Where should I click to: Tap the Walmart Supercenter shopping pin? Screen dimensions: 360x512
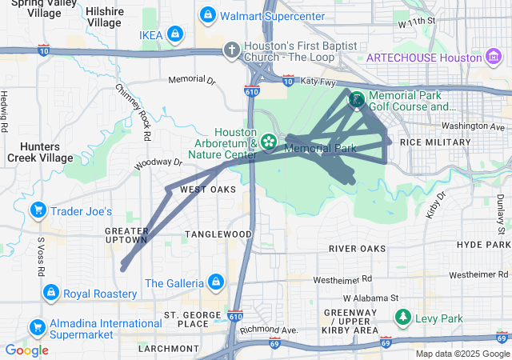click(x=207, y=15)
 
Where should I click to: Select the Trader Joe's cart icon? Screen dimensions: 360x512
click(x=37, y=211)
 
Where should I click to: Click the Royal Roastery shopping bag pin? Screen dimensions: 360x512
click(x=51, y=294)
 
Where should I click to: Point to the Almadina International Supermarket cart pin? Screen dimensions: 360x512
click(x=37, y=327)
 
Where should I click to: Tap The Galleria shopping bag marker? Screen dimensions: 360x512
click(x=215, y=283)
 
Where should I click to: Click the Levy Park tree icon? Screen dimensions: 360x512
click(x=403, y=318)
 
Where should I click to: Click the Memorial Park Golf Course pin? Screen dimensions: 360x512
click(x=355, y=100)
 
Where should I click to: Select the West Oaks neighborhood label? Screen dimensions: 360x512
click(x=208, y=190)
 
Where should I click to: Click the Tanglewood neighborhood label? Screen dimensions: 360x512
click(x=218, y=234)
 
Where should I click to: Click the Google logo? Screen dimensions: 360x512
click(x=26, y=350)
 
